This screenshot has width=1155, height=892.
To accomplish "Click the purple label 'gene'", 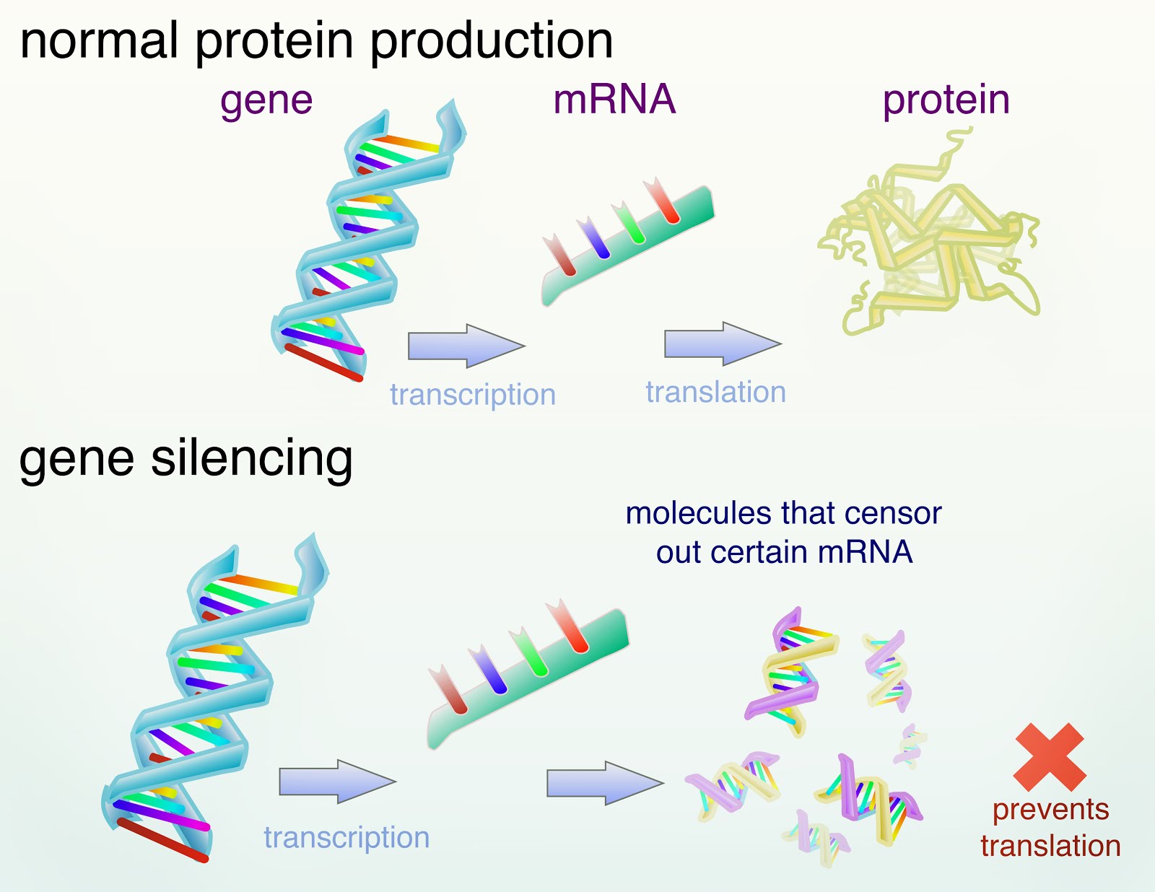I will (x=266, y=101).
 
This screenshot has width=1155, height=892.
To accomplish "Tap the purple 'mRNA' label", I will (x=614, y=100).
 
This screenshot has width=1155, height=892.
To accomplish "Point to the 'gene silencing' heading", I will (x=186, y=458).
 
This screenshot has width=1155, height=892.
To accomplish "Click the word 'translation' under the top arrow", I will (x=715, y=392).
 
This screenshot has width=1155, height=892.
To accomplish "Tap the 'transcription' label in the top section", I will (x=473, y=395).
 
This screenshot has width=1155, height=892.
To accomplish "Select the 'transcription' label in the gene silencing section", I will (x=346, y=837).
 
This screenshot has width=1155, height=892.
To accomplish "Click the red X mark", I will (x=1050, y=757).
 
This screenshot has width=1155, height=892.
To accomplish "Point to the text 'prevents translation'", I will (x=1050, y=828).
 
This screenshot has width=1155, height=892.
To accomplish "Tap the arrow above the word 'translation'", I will (x=721, y=344).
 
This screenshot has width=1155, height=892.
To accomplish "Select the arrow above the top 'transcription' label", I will (x=465, y=346).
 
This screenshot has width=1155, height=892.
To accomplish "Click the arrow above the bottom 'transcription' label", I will (x=336, y=781).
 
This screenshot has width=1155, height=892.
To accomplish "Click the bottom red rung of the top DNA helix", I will (x=323, y=362).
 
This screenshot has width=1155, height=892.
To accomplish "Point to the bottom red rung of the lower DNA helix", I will (x=162, y=840).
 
